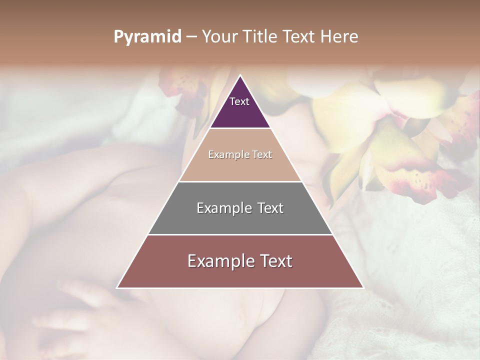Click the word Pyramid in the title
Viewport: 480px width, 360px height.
click(147, 37)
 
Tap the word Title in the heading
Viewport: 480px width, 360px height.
click(263, 37)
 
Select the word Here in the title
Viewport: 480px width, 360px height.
click(339, 37)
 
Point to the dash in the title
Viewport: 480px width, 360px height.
click(191, 37)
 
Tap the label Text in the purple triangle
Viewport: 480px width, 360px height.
click(239, 101)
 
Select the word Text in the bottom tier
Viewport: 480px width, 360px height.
click(272, 261)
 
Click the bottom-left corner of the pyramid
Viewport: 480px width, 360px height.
click(117, 287)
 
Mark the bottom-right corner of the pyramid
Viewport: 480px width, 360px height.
click(363, 287)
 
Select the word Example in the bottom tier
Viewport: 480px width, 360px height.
click(219, 261)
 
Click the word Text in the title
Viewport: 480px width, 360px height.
click(300, 37)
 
